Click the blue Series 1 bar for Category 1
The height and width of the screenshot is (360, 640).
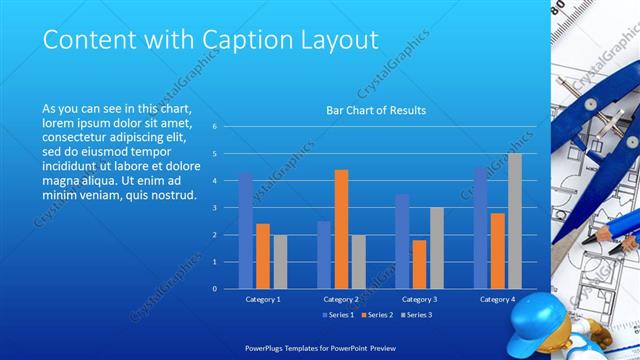(x=246, y=230)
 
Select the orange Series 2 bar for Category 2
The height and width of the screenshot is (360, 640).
(x=341, y=229)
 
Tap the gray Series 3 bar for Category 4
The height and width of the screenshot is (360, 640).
(x=514, y=221)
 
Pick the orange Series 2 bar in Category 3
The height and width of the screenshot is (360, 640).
(x=419, y=264)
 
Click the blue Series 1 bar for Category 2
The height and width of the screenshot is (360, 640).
(x=324, y=255)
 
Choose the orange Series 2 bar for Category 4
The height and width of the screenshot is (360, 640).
(x=497, y=251)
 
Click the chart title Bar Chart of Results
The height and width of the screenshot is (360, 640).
(x=376, y=110)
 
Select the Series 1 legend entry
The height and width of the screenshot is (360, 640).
(x=338, y=315)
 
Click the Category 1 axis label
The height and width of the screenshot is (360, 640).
(x=263, y=299)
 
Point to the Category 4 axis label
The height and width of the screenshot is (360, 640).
(x=497, y=299)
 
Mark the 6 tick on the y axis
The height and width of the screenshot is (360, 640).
(x=213, y=127)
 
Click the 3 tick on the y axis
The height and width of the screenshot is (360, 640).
(x=213, y=208)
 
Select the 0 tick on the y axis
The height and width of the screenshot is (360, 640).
(x=213, y=289)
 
